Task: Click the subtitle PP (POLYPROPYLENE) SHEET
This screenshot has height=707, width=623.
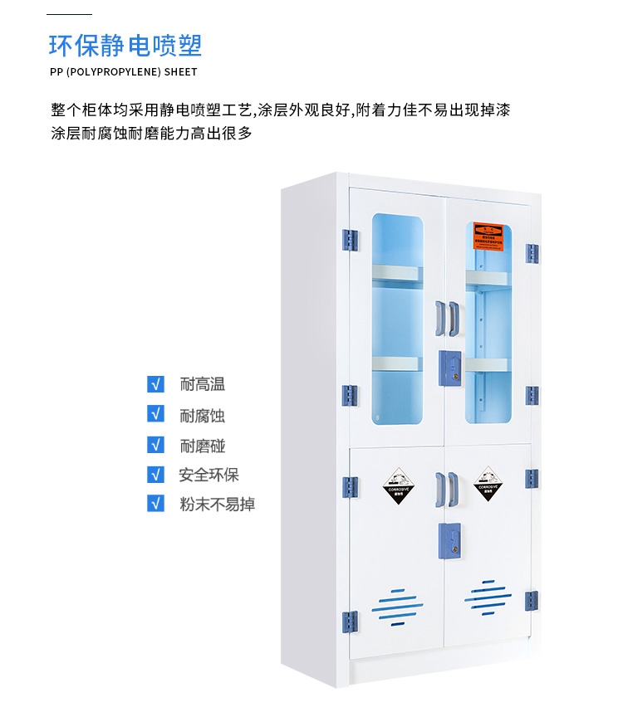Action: pos(124,72)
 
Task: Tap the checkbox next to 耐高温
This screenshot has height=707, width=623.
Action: pos(155,383)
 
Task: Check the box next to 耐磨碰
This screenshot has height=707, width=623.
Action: pos(155,444)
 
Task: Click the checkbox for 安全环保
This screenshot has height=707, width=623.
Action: pos(155,474)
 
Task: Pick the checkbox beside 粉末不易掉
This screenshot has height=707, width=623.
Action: pos(155,503)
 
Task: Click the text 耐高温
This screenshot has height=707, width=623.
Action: pos(202,384)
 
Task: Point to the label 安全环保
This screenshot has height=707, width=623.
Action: pos(208,475)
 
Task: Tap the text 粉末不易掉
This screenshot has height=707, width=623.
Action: pos(217,504)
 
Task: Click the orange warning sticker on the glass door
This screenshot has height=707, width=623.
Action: pos(489,236)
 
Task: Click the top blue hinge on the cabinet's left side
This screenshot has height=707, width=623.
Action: pos(350,241)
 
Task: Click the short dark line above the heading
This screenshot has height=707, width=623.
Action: pos(70,15)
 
